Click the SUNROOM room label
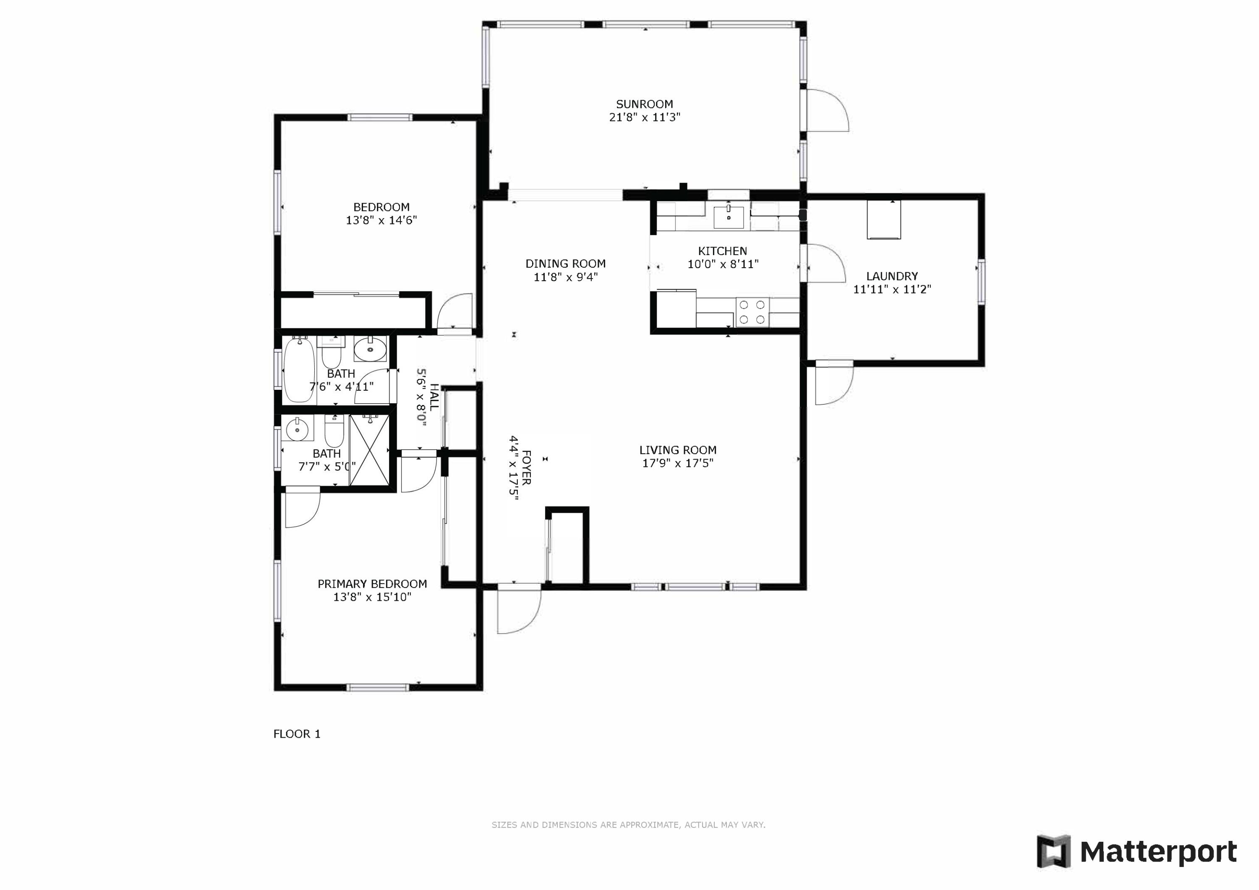tap(644, 104)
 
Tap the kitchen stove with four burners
tap(752, 312)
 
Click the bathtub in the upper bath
tap(299, 370)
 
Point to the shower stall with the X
tap(369, 450)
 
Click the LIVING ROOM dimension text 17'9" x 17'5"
tap(678, 463)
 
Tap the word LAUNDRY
tap(892, 277)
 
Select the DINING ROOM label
tap(565, 264)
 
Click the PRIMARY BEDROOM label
tap(372, 584)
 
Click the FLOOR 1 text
tap(297, 734)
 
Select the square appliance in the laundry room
tap(883, 220)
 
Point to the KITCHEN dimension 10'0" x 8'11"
tap(723, 264)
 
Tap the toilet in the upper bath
tap(331, 352)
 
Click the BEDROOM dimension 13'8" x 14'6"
tap(381, 220)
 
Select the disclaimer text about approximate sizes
tap(628, 825)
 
